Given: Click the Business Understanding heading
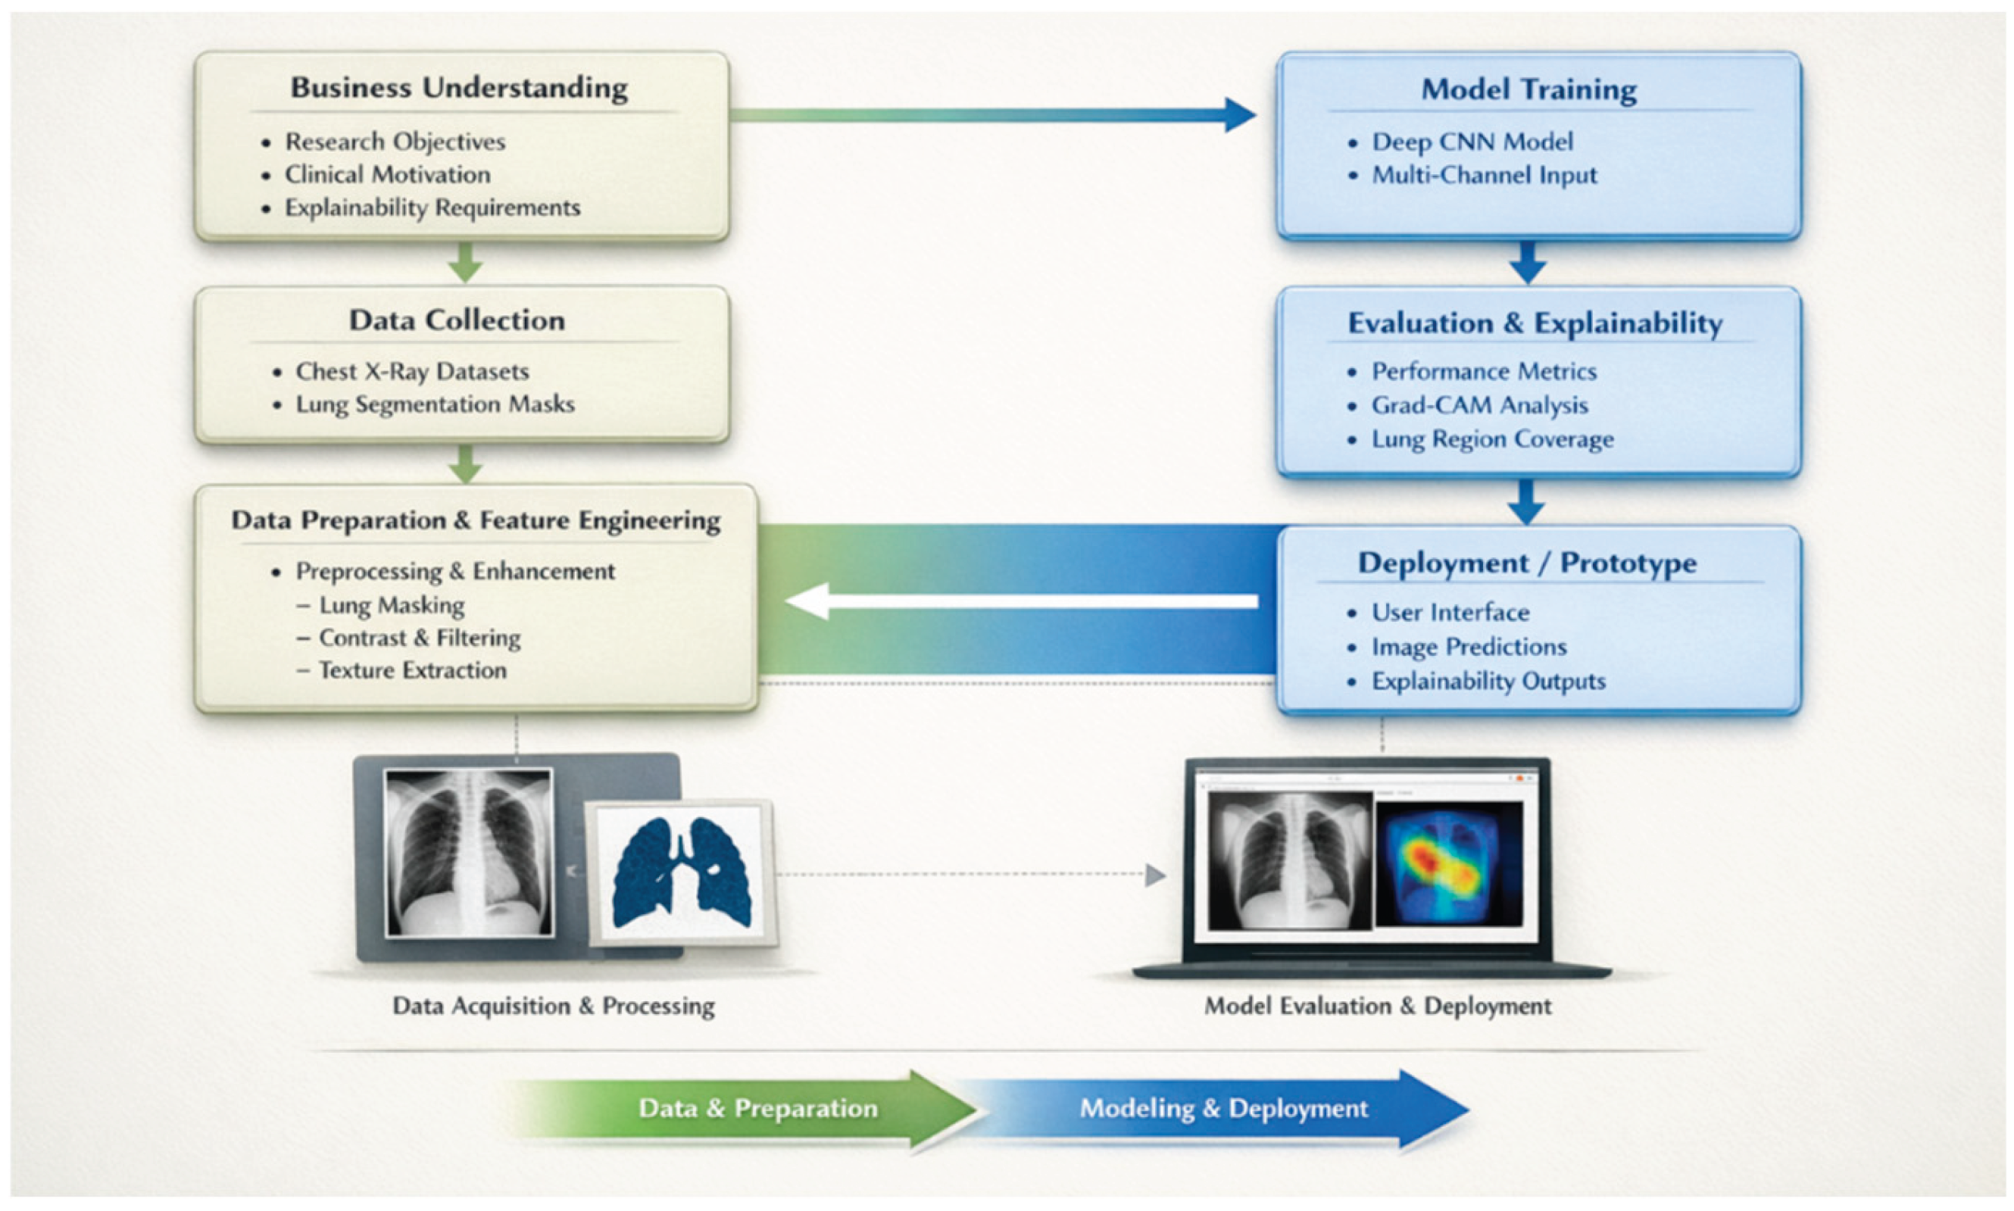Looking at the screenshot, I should click(458, 88).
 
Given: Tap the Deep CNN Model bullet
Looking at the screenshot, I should click(1472, 141).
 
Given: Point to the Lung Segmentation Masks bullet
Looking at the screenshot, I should click(434, 404).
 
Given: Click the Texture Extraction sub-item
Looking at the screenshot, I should click(412, 670).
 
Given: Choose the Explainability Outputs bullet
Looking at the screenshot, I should click(1488, 681).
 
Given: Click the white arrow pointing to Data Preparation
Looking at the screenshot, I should click(1020, 601).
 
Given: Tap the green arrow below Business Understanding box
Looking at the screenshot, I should click(465, 262).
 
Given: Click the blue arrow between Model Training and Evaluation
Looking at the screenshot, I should click(1528, 262).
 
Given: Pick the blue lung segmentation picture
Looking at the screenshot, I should click(682, 873).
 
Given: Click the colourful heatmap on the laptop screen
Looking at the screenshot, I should click(1448, 863).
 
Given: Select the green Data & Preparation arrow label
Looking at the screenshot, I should click(757, 1108).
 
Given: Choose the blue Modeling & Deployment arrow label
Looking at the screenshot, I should click(1223, 1108).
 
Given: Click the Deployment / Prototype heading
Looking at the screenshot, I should click(1526, 563).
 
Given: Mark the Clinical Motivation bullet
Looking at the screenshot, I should click(387, 175).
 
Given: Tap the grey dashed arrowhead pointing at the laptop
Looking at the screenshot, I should click(1155, 875).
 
